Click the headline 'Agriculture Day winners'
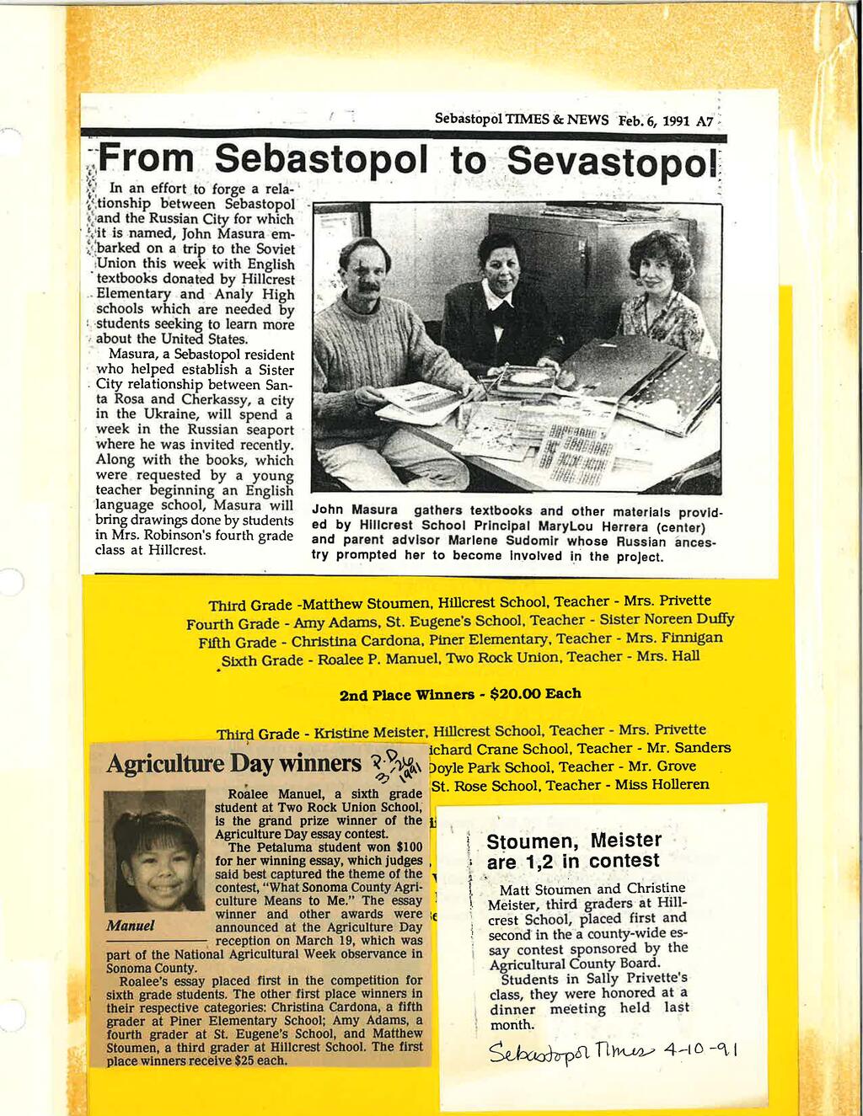point(233,764)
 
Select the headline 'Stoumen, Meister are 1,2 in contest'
point(574,851)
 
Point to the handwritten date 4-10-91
point(700,1050)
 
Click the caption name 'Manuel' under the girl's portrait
point(131,926)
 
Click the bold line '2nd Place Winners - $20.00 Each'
point(459,694)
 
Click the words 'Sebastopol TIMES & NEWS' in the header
point(521,120)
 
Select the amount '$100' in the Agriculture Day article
point(409,847)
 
